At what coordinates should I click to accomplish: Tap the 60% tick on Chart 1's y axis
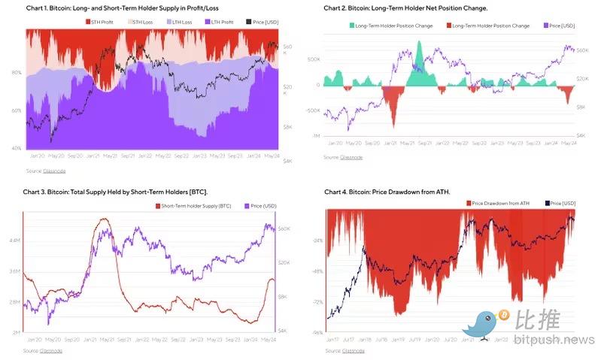pyautogui.click(x=16, y=110)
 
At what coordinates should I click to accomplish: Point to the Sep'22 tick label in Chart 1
pyautogui.click(x=181, y=156)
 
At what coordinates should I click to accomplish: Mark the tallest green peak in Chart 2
pyautogui.click(x=420, y=43)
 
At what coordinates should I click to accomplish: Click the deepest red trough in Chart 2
pyautogui.click(x=393, y=125)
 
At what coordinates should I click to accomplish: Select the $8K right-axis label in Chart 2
pyautogui.click(x=581, y=107)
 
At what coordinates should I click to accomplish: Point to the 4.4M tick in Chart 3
pyautogui.click(x=14, y=241)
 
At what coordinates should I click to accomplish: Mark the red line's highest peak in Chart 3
pyautogui.click(x=103, y=219)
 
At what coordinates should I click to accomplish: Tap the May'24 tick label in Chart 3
pyautogui.click(x=266, y=339)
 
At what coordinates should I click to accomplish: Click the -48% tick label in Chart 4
pyautogui.click(x=317, y=271)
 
